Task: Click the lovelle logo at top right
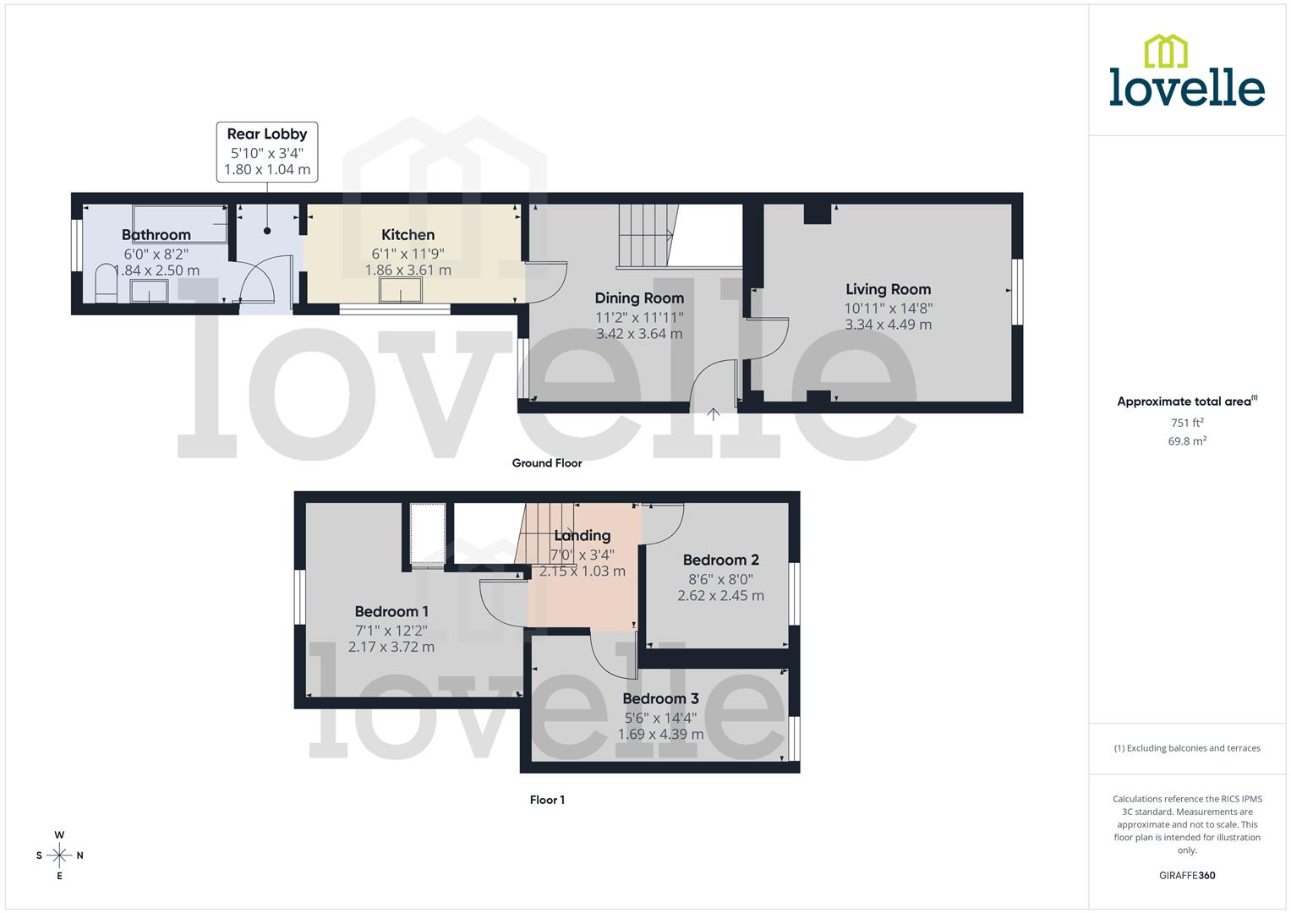pos(1186,72)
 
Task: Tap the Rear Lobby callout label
pos(267,134)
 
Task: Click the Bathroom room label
pos(156,235)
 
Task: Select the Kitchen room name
pos(408,235)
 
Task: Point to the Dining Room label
pos(639,298)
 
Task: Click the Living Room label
pos(888,289)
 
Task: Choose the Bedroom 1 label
pos(391,611)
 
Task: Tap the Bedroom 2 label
pos(720,560)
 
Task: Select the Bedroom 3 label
pos(660,698)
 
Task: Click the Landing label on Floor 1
pos(582,535)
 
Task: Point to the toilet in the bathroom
pos(106,283)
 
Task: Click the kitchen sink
pos(400,290)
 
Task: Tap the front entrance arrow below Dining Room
pos(713,414)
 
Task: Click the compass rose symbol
pos(59,856)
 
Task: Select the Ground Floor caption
pos(547,462)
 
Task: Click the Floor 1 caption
pos(547,800)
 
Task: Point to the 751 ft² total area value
pos(1187,423)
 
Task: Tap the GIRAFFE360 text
pos(1187,875)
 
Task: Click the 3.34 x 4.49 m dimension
pos(888,325)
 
